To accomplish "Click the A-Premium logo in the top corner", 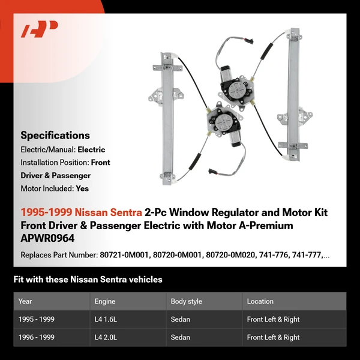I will (x=39, y=29).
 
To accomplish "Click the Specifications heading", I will (x=55, y=135).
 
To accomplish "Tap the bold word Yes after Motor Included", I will (x=83, y=188).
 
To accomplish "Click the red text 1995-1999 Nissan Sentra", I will (x=81, y=212).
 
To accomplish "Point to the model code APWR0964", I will (x=46, y=238).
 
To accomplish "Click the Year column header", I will (x=25, y=301).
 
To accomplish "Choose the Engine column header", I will (x=105, y=301).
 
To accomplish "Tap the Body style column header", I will (x=187, y=301).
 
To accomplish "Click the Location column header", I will (x=260, y=301).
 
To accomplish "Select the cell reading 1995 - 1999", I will (x=37, y=319).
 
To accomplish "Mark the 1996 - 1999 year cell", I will (x=37, y=337).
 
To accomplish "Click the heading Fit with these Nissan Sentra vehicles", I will (x=88, y=280).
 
